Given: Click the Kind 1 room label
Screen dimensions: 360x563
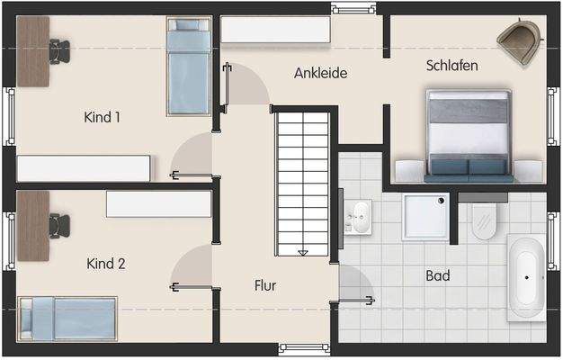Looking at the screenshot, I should (102, 117).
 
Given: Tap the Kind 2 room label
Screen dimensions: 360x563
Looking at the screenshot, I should (105, 264).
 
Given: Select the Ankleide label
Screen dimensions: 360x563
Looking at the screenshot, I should (320, 73).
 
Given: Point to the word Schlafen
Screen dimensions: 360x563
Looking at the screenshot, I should (451, 66).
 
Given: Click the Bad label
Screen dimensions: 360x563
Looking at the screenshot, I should (438, 275).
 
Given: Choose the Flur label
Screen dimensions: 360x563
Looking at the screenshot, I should (264, 286).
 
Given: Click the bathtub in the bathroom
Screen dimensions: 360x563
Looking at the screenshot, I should (527, 278).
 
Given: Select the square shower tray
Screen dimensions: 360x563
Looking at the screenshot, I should (425, 217).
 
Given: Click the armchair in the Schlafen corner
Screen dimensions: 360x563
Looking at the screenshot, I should (520, 42).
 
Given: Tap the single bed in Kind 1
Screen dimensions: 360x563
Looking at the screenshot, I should (189, 67).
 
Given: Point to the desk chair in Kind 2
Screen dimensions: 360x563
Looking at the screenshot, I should (58, 223).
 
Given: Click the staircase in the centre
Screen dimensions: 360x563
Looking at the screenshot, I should (303, 180).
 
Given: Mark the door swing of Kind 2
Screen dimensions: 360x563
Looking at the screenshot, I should (193, 267).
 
